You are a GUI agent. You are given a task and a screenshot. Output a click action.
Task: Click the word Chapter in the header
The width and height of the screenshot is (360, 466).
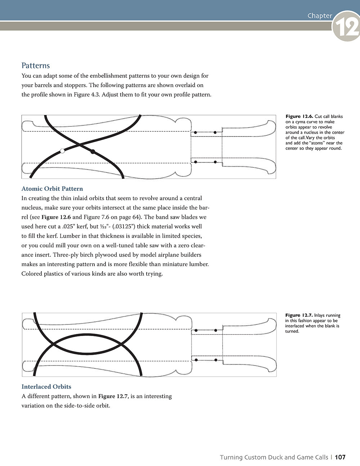(x=320, y=15)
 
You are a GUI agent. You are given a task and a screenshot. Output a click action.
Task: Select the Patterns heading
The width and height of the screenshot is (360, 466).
(x=36, y=66)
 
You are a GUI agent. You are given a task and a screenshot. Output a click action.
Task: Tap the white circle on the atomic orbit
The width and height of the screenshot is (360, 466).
(x=62, y=151)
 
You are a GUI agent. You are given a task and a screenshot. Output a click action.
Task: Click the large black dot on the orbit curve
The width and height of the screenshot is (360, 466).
(x=93, y=152)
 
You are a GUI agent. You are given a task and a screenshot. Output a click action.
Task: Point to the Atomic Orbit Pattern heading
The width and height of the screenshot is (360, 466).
(x=52, y=189)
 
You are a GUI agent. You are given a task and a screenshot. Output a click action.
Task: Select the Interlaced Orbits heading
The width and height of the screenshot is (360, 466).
(x=46, y=387)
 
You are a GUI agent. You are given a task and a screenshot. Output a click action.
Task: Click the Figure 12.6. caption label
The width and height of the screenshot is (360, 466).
(x=299, y=116)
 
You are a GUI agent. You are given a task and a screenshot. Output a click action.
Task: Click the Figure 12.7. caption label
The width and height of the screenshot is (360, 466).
(x=299, y=315)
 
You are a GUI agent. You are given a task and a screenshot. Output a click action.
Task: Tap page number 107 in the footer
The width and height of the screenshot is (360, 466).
(x=340, y=457)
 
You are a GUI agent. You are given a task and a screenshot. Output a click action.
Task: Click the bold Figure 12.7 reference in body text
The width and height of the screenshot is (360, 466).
(x=112, y=396)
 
